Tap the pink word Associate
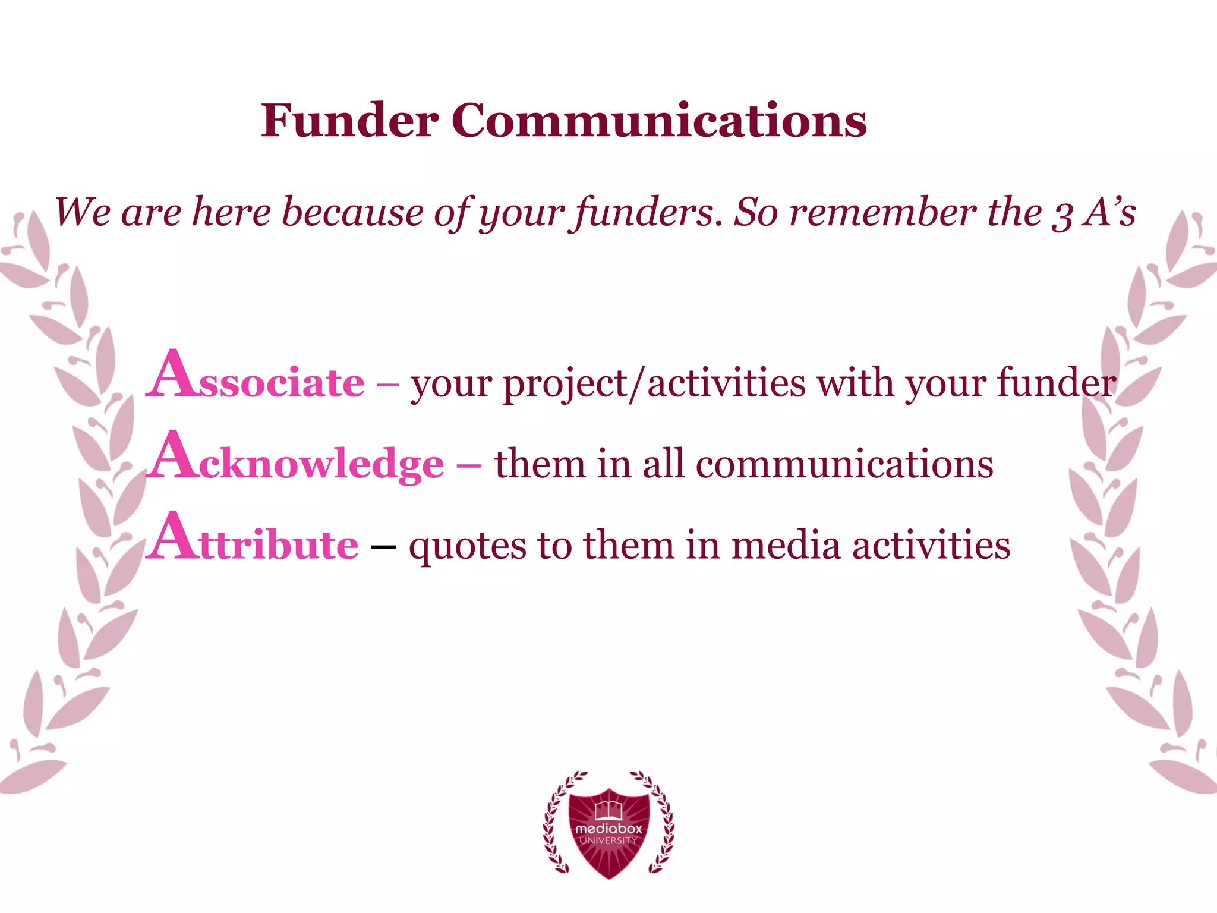pos(256,377)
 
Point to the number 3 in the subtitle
pos(1062,214)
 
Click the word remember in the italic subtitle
pos(882,212)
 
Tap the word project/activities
pos(654,383)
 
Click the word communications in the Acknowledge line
pos(844,464)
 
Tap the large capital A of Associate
pos(172,374)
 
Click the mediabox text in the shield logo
pos(608,828)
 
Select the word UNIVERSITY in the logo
pos(608,840)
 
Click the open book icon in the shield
pos(608,808)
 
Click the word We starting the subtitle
pos(81,212)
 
